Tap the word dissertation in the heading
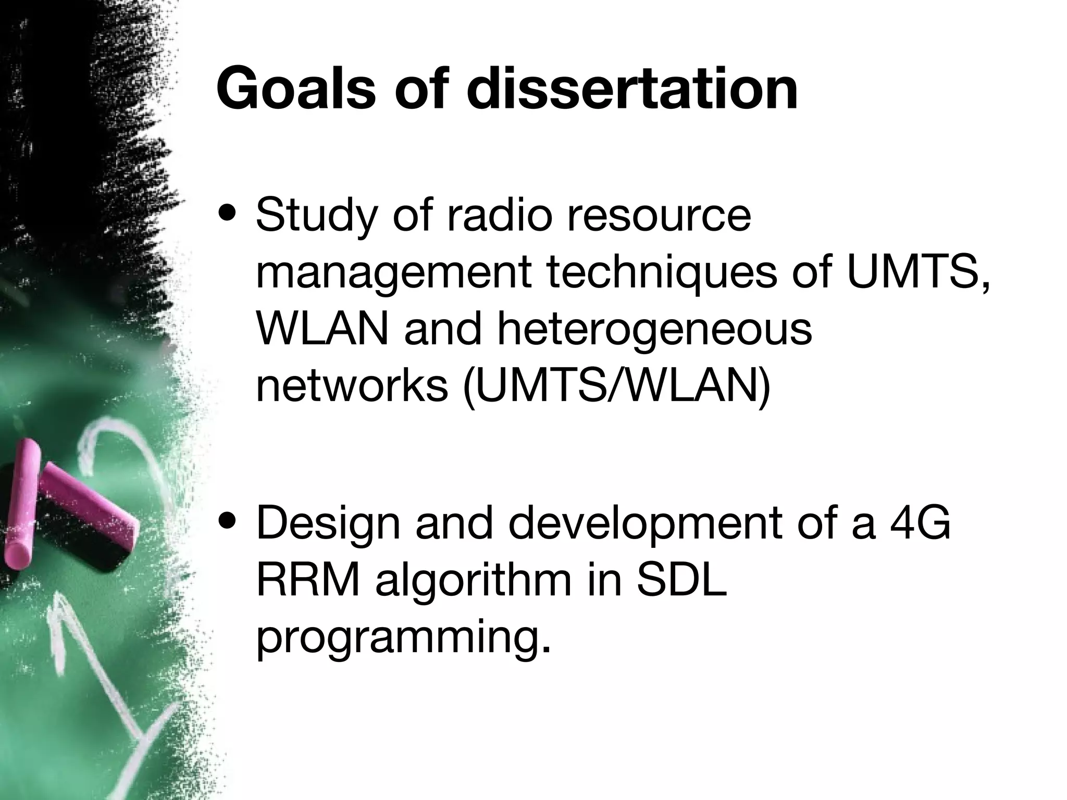coord(632,89)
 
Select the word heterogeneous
coord(654,331)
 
